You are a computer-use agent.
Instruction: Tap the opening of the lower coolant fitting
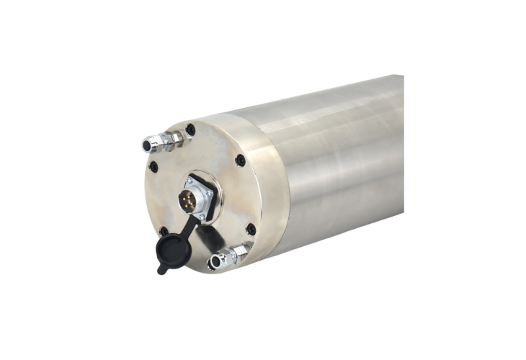point(214,262)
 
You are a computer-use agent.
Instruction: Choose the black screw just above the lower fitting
point(249,230)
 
